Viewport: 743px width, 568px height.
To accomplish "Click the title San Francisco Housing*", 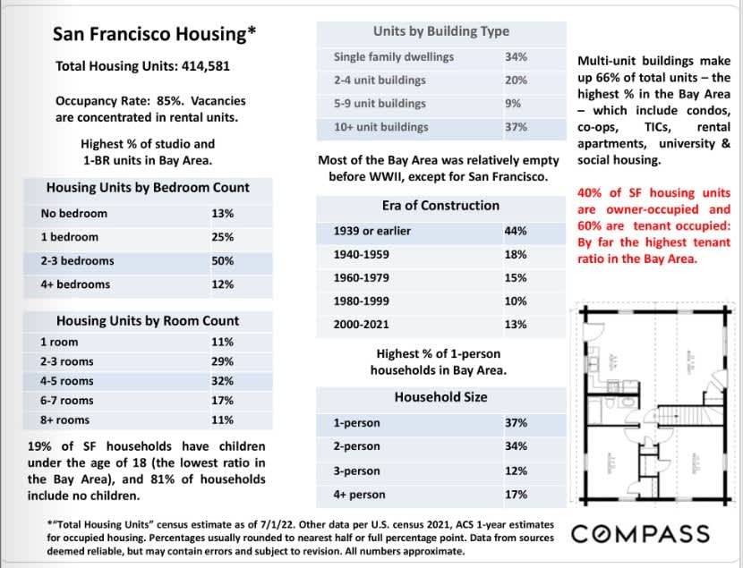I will click(x=155, y=34).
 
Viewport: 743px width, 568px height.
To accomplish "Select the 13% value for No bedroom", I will click(x=222, y=214).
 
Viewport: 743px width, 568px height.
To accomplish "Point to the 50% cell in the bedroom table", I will click(x=222, y=261).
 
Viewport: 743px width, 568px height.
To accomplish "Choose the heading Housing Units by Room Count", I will click(x=148, y=320).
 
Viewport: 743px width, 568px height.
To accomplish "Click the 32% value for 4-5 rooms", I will click(x=222, y=381).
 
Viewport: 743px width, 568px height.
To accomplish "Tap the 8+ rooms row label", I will click(x=64, y=420).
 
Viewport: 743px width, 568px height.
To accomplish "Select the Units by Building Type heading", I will click(x=440, y=31).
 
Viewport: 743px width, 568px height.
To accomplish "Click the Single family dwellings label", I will click(x=393, y=57).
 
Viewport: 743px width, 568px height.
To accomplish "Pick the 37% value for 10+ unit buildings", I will click(x=516, y=127).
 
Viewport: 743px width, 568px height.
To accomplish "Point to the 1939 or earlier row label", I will click(x=373, y=232).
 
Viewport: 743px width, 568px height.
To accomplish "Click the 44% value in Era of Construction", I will click(x=516, y=232).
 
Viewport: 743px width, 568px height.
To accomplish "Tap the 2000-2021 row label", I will click(x=361, y=325).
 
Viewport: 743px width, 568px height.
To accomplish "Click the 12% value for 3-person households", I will click(x=516, y=471).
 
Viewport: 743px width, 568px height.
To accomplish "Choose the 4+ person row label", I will click(x=359, y=495).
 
